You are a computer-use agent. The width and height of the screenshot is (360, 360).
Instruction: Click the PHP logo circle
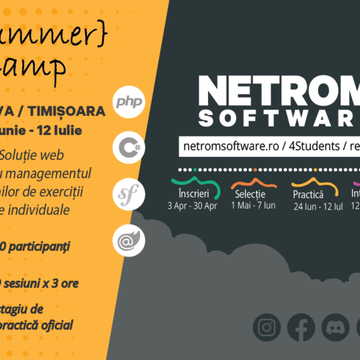(x=128, y=102)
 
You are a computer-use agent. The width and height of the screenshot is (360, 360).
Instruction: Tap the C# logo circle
(x=128, y=147)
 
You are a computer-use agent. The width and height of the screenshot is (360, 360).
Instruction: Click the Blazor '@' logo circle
(x=128, y=240)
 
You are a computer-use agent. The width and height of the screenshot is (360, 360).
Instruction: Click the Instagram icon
(x=266, y=327)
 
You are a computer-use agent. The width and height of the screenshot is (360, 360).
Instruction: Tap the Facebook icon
(x=301, y=327)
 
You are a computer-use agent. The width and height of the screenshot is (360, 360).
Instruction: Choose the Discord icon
(x=335, y=327)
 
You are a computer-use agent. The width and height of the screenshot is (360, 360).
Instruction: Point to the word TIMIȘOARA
(x=71, y=111)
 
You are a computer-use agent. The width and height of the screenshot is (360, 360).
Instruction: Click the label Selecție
(x=250, y=195)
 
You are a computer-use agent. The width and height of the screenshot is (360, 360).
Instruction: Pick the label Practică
(x=308, y=195)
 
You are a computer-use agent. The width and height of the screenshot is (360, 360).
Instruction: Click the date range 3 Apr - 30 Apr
(x=193, y=206)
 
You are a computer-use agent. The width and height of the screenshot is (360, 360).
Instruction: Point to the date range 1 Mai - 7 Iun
(x=253, y=206)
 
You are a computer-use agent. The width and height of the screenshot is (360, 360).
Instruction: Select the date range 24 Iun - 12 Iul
(x=318, y=207)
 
